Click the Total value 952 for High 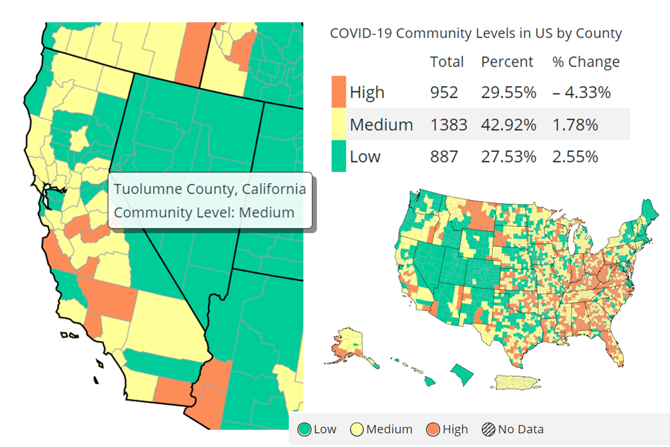tap(444, 93)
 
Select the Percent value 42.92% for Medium tap(508, 125)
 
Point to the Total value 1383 tap(449, 125)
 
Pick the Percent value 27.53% tap(508, 157)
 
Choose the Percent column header tap(507, 62)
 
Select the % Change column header tap(586, 62)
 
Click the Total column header tap(447, 62)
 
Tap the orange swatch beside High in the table tap(339, 92)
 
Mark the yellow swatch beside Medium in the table tap(339, 124)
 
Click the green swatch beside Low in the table tap(339, 156)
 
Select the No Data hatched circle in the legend tap(489, 430)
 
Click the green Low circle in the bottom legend tap(305, 430)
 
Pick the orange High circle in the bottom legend tap(433, 430)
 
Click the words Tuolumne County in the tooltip tap(162, 189)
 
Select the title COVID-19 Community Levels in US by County tap(476, 33)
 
